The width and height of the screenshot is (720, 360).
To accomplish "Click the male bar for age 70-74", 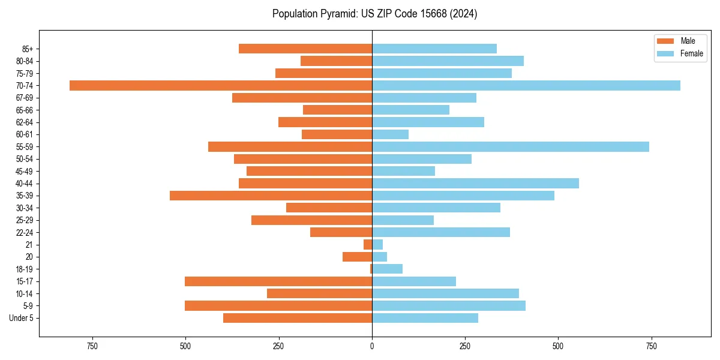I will click(x=221, y=85).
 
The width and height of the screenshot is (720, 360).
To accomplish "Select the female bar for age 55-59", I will click(x=511, y=146).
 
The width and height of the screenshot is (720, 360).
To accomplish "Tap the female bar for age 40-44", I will click(x=475, y=183).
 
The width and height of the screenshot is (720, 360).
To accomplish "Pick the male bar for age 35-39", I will click(x=271, y=196).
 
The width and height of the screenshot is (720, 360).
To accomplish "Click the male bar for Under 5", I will click(x=298, y=318).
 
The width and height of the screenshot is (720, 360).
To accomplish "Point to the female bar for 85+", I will click(x=434, y=49).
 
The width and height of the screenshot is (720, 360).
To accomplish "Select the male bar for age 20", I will click(x=357, y=257).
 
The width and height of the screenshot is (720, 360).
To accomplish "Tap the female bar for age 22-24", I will click(x=441, y=232).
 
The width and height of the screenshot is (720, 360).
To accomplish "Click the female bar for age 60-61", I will click(x=390, y=134).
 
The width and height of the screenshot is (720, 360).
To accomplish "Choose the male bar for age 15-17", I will click(x=278, y=281).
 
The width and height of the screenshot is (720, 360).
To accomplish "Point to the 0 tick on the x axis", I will click(x=372, y=346).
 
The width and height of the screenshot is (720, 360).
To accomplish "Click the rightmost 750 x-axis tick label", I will click(x=651, y=346).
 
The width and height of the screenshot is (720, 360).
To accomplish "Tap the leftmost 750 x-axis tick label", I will click(x=92, y=346).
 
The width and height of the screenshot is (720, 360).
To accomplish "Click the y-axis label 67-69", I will click(x=25, y=98).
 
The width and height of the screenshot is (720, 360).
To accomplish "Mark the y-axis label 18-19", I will click(x=25, y=269).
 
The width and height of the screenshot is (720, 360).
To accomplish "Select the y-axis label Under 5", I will click(x=22, y=318).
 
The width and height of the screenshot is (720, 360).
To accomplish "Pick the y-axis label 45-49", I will click(x=25, y=171).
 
